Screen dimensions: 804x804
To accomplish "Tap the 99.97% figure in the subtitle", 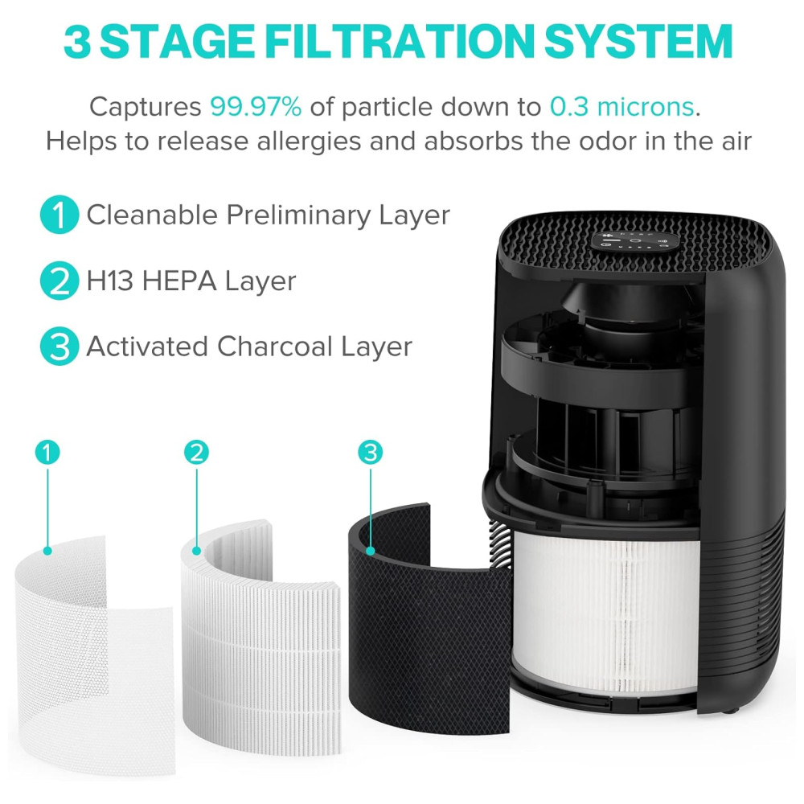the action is point(256,107).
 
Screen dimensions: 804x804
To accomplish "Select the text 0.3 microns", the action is point(622,107).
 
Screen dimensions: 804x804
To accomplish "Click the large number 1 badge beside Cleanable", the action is point(59,215).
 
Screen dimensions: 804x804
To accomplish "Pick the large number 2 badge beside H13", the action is point(59,281).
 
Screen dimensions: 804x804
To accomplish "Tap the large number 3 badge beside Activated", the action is point(59,346).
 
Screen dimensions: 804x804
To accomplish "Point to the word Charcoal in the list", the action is point(275,347).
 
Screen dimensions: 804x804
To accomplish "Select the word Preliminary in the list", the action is point(298,215).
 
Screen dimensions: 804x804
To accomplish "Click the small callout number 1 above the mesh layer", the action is point(47,452).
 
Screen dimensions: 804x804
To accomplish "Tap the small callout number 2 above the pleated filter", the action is point(196,452).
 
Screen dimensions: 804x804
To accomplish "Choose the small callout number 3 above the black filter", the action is point(370,452).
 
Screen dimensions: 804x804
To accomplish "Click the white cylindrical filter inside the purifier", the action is point(605,610).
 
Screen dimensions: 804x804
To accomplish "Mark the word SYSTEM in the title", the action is point(639,41).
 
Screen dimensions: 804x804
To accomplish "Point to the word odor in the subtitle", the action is point(608,141).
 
